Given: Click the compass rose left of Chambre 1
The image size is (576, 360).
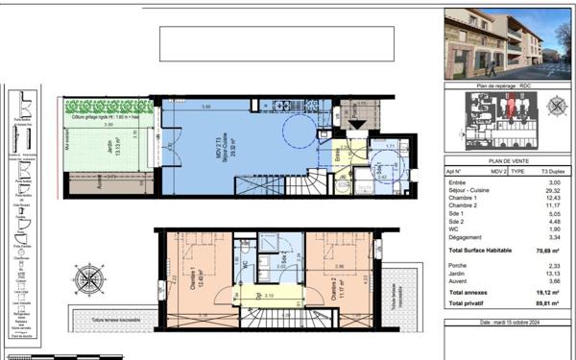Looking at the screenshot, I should coord(89,279).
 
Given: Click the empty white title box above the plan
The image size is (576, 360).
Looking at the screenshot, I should coord(276,44).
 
